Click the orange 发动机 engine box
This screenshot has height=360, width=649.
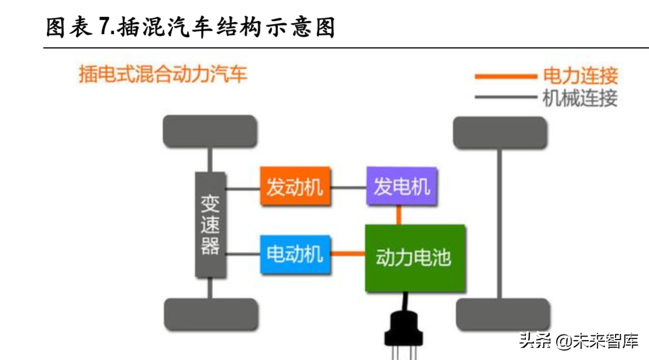point(295,186)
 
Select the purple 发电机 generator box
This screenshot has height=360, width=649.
point(401,186)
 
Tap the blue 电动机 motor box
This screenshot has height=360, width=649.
point(295,255)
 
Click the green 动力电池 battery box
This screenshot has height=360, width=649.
point(415,258)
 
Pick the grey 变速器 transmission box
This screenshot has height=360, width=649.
point(210,224)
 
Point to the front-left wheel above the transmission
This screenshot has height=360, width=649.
point(210,131)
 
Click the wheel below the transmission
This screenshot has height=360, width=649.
point(211,314)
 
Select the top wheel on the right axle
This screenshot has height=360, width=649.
point(500,132)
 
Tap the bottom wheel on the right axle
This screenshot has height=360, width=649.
point(503,314)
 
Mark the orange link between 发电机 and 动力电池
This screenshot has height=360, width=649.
point(399,215)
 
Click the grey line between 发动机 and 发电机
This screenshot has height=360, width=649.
point(349,187)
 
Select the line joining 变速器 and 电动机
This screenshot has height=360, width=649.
point(243,255)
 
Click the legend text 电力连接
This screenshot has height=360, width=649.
point(580,76)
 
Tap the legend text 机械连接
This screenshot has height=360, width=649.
point(580,98)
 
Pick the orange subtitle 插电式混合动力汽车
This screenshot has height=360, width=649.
point(162,74)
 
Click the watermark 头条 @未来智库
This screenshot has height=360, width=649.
point(578,342)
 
